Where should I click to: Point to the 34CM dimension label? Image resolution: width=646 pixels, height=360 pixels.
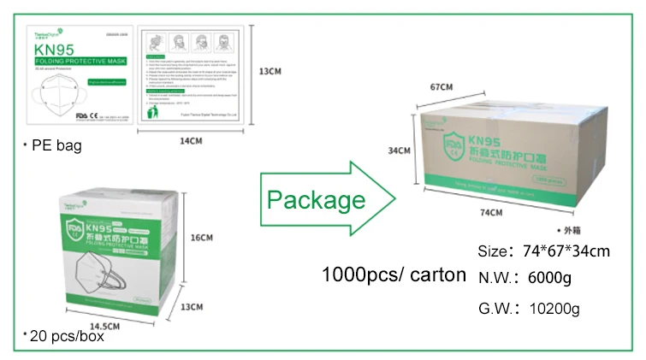click(400, 150)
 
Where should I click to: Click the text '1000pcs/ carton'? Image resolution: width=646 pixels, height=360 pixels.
click(394, 275)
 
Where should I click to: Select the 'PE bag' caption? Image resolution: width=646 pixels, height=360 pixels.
click(56, 146)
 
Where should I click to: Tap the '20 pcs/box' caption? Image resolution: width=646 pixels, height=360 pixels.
click(65, 336)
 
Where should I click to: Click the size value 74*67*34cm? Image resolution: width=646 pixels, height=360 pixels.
click(566, 251)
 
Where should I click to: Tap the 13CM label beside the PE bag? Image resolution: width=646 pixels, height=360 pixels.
click(270, 72)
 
